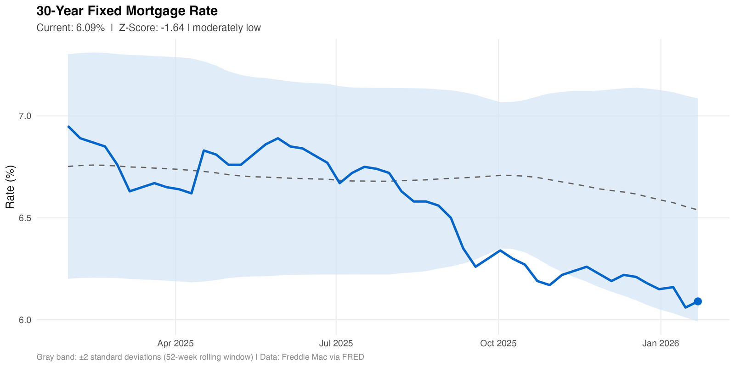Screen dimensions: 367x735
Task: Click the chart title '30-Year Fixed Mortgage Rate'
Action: point(127,11)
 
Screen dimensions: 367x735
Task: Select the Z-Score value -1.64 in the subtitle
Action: point(171,28)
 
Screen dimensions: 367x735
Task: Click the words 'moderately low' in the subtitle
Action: point(227,28)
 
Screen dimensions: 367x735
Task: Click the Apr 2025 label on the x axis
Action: point(175,343)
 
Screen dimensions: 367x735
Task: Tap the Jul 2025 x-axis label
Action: point(336,343)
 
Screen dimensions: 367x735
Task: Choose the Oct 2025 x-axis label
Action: point(498,343)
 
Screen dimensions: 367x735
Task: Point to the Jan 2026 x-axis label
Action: point(661,343)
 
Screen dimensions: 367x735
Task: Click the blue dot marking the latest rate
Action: point(697,301)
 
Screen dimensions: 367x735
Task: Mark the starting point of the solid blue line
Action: point(68,126)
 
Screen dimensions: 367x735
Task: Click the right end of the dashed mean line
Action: point(697,210)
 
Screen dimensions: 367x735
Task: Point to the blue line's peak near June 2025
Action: point(278,138)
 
